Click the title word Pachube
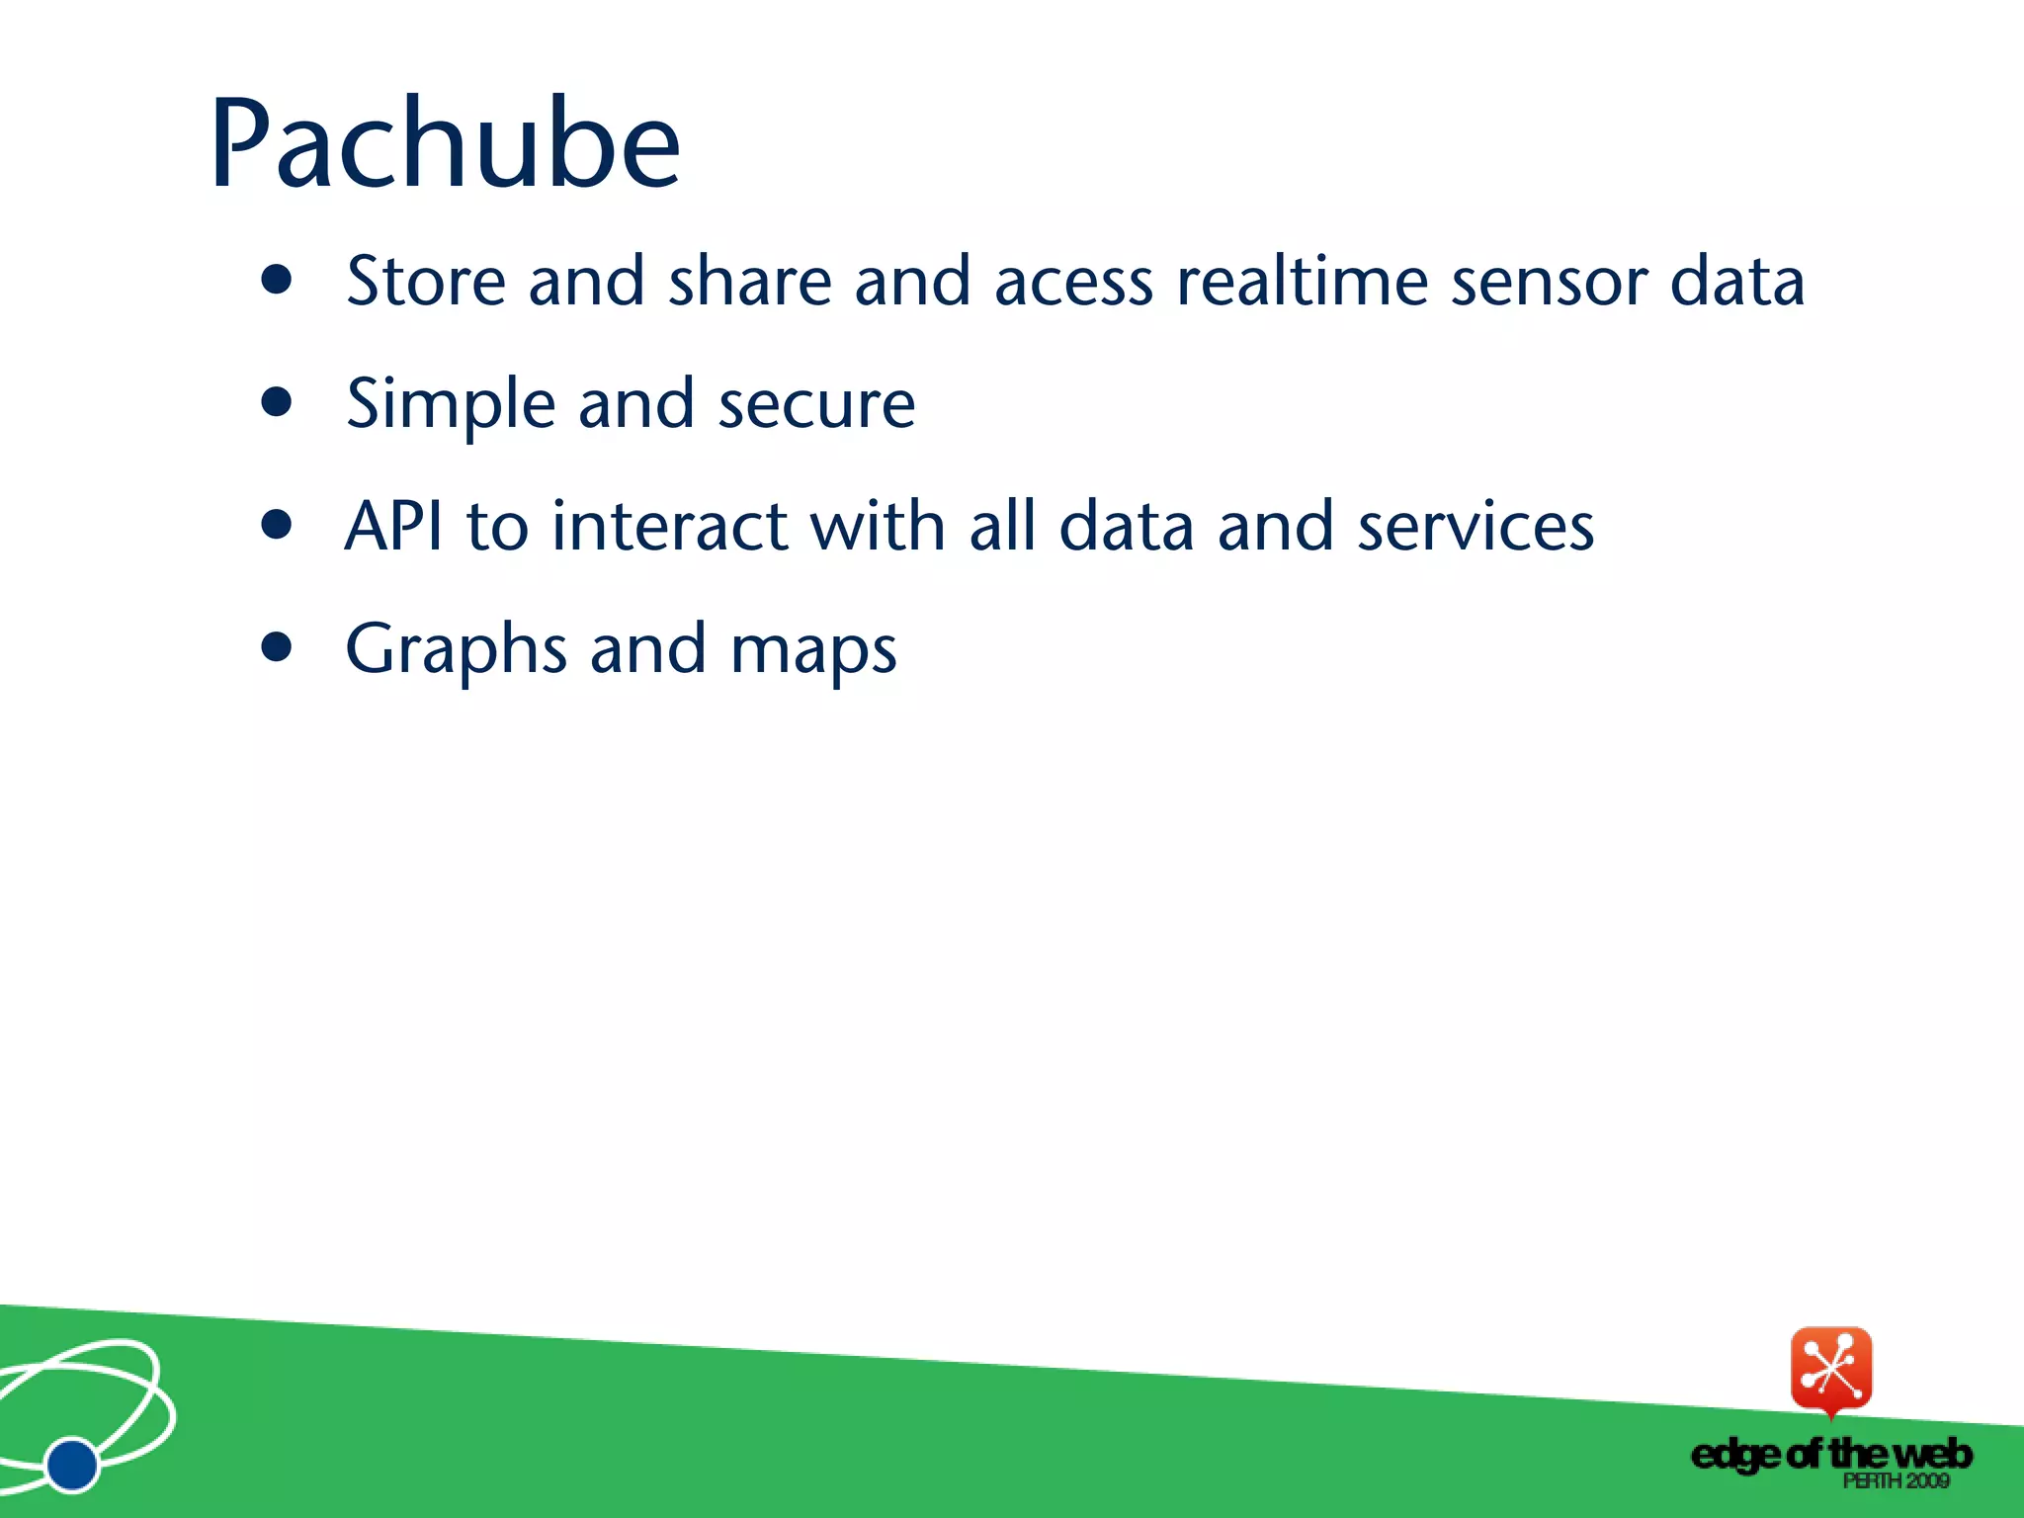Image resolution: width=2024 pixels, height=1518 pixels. point(445,145)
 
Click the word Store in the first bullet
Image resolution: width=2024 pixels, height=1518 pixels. point(426,282)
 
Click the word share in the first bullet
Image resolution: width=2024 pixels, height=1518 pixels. point(750,282)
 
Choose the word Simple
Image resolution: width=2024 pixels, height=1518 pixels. point(451,405)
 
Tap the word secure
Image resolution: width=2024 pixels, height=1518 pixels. point(816,406)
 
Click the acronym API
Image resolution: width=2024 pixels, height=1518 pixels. point(394,526)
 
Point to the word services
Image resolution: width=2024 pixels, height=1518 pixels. point(1475,526)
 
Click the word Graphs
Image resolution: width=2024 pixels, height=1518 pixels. point(456,650)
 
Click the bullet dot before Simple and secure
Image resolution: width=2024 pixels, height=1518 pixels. point(278,403)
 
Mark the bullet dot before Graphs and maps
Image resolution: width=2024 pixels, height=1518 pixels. point(278,647)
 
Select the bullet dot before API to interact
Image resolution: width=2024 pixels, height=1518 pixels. point(278,525)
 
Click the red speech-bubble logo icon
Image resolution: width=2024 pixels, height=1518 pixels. point(1831,1370)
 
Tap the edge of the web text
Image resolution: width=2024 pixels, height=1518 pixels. point(1830,1455)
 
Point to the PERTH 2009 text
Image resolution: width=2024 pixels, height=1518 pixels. point(1895,1481)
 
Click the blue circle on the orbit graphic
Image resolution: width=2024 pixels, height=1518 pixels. point(72,1464)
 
